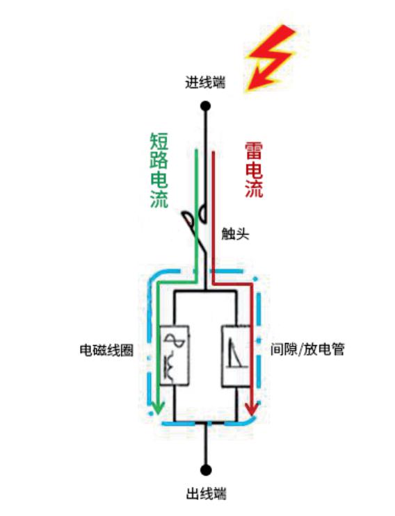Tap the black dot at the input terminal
(205, 106)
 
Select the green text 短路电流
(159, 171)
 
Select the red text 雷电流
(254, 171)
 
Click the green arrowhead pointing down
(158, 407)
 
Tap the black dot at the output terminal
(205, 470)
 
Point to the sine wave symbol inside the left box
(174, 342)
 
